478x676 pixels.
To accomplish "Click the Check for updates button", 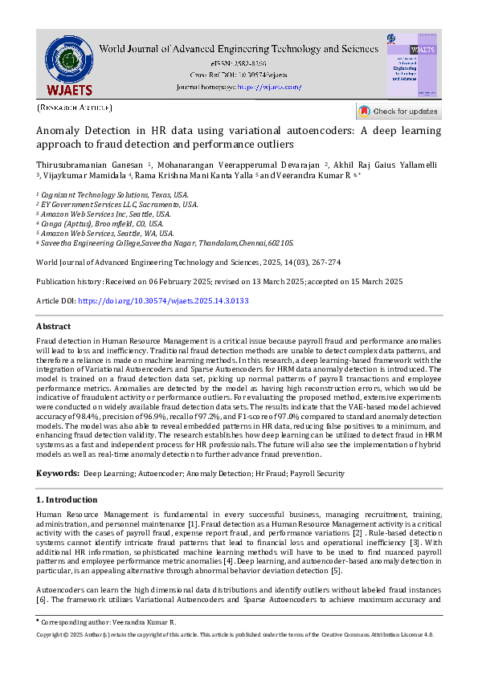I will point(398,111).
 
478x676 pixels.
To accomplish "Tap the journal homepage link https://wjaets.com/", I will point(268,86).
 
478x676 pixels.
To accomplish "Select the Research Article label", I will point(75,107).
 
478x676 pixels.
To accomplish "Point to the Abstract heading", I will point(53,327).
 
